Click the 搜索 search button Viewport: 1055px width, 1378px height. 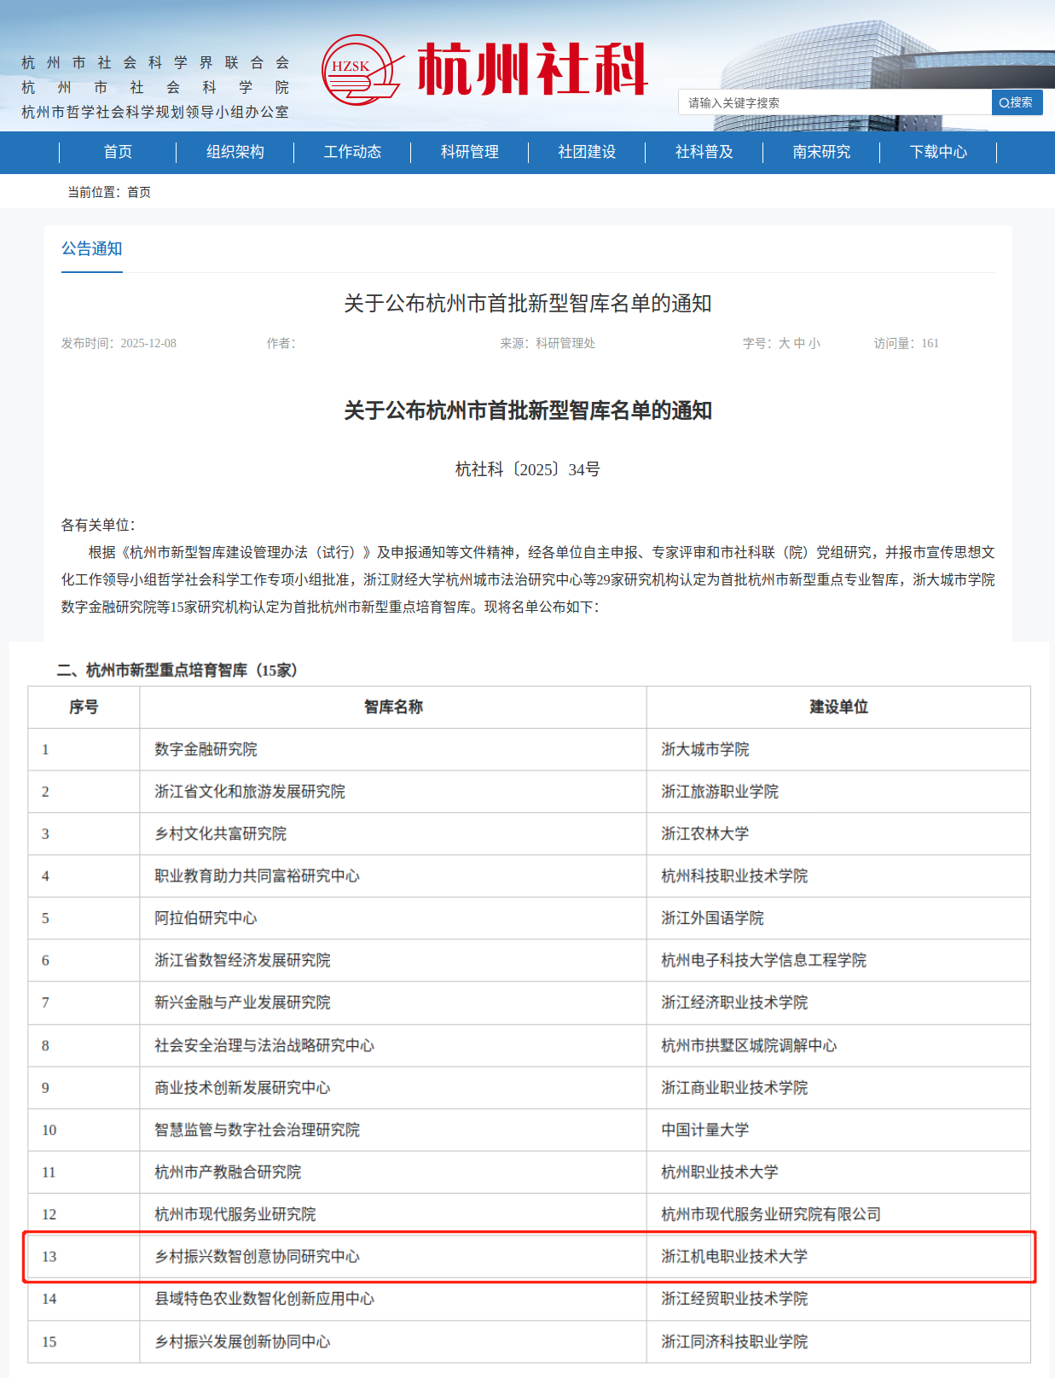[x=1017, y=102]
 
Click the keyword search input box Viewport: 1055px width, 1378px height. [x=834, y=102]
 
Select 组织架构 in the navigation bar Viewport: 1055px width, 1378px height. [x=235, y=152]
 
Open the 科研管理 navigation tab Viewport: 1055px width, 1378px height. [x=469, y=152]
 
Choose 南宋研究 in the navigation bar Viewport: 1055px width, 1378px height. [x=821, y=152]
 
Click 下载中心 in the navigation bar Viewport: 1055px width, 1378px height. [x=938, y=152]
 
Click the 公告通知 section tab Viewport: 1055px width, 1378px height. [x=92, y=248]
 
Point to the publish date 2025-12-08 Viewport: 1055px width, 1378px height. [x=148, y=343]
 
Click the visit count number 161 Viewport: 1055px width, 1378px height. [x=930, y=343]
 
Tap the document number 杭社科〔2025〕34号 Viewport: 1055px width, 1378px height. [x=527, y=469]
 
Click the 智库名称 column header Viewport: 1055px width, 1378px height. [x=393, y=706]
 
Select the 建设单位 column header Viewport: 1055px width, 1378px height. [x=838, y=706]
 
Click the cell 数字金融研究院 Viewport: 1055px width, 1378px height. [x=206, y=749]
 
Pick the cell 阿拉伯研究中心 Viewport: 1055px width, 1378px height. [x=206, y=918]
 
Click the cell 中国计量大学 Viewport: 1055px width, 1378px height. [x=705, y=1130]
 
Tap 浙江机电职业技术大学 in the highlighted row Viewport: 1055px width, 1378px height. [x=734, y=1256]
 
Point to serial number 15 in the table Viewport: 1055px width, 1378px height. [x=49, y=1341]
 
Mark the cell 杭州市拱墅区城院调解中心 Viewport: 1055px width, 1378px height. [x=749, y=1045]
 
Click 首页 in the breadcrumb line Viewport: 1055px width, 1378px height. [x=139, y=192]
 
